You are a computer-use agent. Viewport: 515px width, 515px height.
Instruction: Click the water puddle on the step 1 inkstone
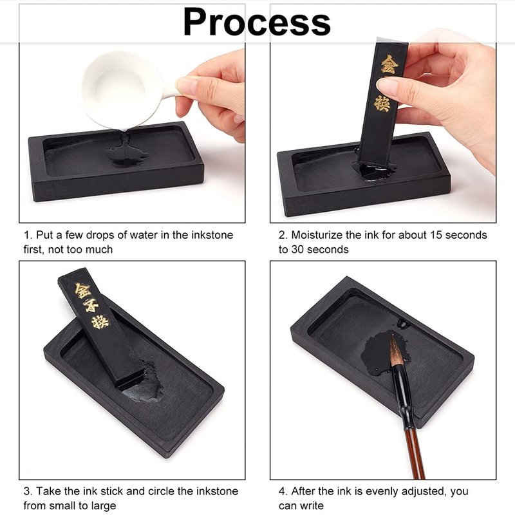[x=126, y=153]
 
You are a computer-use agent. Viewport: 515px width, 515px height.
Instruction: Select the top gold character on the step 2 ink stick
[x=389, y=64]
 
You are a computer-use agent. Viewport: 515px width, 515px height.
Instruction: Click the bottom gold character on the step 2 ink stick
[x=382, y=103]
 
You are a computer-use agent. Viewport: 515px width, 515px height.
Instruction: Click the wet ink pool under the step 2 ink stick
[x=375, y=170]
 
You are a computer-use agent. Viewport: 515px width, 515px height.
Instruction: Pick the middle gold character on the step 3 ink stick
[x=91, y=305]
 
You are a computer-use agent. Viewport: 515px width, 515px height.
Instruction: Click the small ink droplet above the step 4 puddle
[x=403, y=323]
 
